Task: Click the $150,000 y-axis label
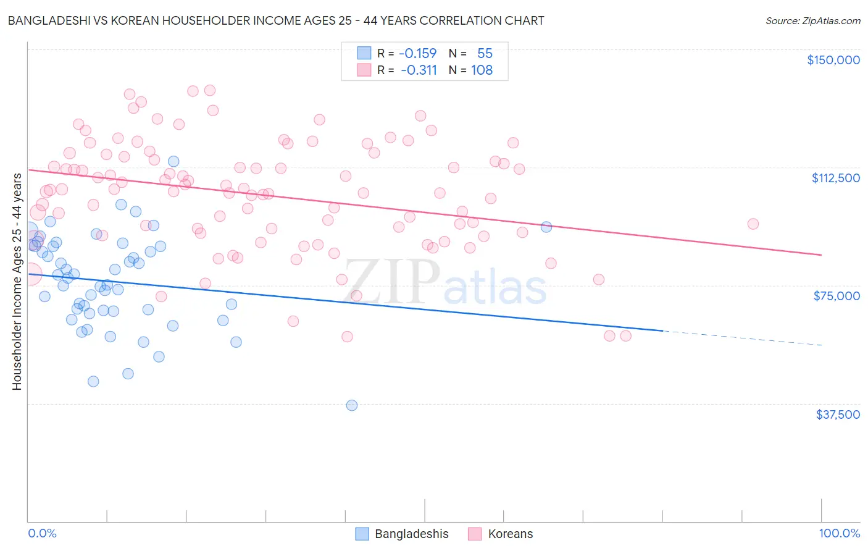point(833,60)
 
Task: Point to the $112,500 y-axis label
point(835,178)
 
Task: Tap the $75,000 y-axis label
point(837,296)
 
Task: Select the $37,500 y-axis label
point(837,414)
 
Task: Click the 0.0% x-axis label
point(42,533)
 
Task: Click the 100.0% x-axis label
point(839,533)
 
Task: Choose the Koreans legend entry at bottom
point(501,534)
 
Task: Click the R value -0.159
point(417,53)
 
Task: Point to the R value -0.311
point(419,70)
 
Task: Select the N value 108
point(482,70)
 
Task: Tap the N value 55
point(485,53)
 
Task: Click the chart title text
point(275,20)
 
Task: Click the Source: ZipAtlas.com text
point(812,20)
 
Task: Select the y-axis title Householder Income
point(17,281)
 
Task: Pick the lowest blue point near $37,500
point(352,405)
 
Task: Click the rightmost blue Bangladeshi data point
point(546,227)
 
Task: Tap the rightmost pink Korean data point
point(753,224)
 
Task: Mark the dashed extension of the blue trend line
point(741,338)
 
